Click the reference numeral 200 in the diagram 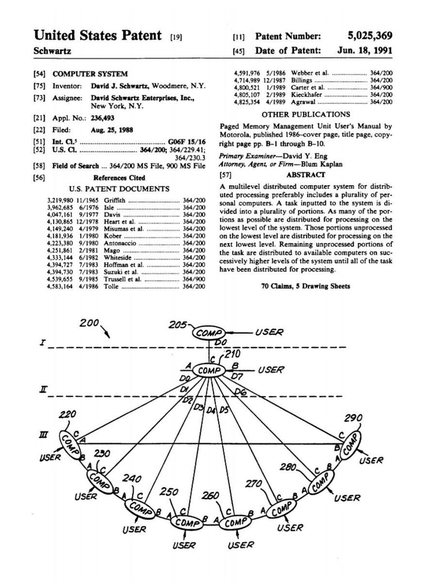pos(90,323)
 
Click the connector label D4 pos(211,411)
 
